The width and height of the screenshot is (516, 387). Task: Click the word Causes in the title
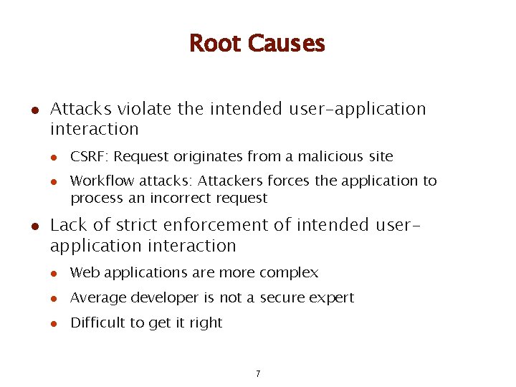(286, 44)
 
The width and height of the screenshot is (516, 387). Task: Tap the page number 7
(258, 374)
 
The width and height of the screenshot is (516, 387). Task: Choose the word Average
(95, 298)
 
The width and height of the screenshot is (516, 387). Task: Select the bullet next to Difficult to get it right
(53, 323)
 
